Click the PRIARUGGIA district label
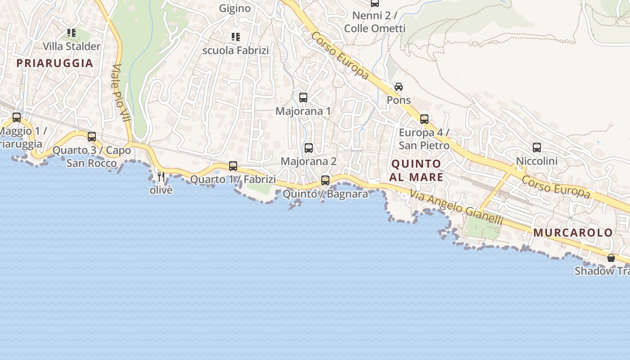55,63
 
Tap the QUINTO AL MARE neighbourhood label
416,170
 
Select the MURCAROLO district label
573,233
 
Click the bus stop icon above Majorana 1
303,97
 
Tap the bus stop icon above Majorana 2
309,148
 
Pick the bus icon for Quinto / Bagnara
325,180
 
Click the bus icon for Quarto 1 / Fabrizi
233,166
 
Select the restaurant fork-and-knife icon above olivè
162,176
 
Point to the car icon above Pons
399,86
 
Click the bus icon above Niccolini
537,147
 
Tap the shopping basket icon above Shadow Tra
611,258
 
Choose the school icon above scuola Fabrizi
236,36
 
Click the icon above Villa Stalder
72,32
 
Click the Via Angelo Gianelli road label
455,207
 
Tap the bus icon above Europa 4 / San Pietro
424,119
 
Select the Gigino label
235,8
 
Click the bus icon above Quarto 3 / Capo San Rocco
92,136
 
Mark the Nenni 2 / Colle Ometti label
375,22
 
